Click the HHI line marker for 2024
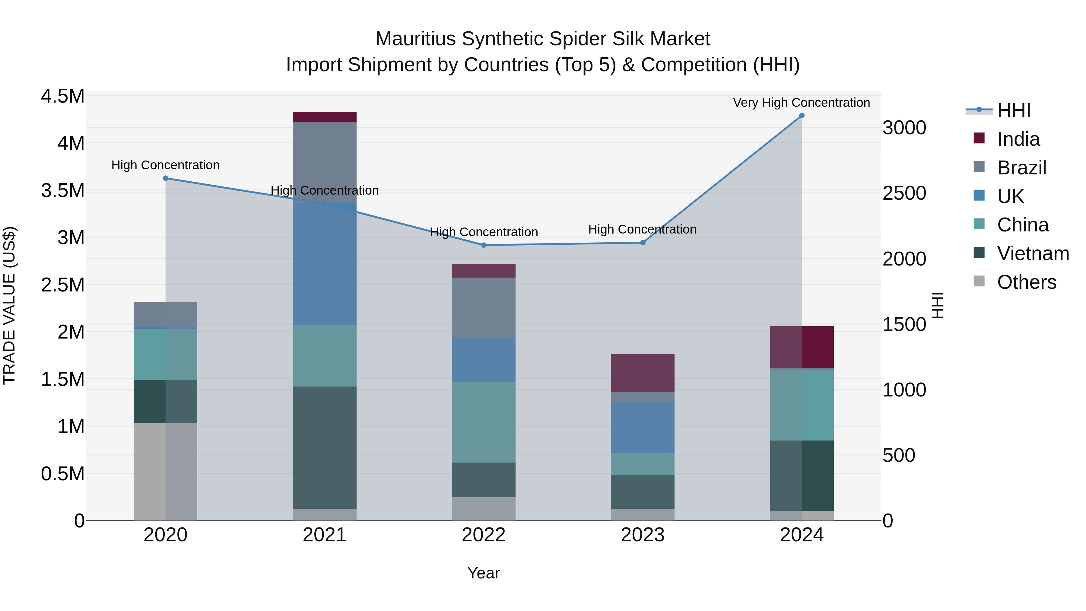[x=802, y=116]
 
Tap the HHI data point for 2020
[x=165, y=178]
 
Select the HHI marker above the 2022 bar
[x=484, y=245]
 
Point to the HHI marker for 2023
[x=643, y=243]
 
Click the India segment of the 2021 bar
[x=325, y=117]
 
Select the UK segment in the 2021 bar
[x=325, y=264]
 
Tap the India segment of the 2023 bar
[x=643, y=372]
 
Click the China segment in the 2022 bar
[x=484, y=422]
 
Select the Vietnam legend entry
[x=1033, y=253]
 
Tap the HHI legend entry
[x=1014, y=110]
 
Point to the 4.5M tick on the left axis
[x=62, y=96]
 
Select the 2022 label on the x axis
[x=484, y=535]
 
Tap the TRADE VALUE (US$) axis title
[x=9, y=305]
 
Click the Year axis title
[x=484, y=573]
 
